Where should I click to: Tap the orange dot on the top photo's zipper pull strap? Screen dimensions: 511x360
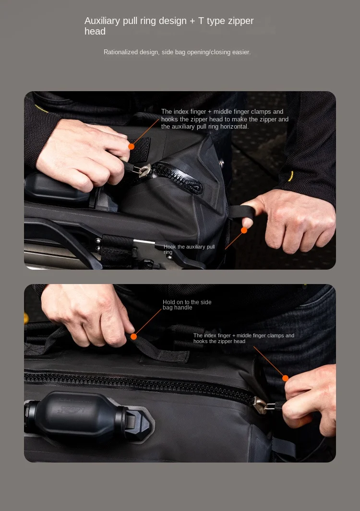pyautogui.click(x=132, y=146)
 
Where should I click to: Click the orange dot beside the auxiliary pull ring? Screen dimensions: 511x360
pyautogui.click(x=244, y=230)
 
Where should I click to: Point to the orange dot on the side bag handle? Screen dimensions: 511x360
pyautogui.click(x=134, y=336)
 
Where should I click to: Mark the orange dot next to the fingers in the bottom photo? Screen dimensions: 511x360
pyautogui.click(x=285, y=378)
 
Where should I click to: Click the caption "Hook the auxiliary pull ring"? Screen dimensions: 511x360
pyautogui.click(x=189, y=249)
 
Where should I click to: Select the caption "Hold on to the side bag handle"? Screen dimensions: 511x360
pyautogui.click(x=187, y=305)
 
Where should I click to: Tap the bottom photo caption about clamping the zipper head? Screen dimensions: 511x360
pyautogui.click(x=243, y=338)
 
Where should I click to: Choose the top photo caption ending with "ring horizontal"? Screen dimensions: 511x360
pyautogui.click(x=225, y=119)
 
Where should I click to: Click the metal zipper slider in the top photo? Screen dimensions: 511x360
pyautogui.click(x=144, y=170)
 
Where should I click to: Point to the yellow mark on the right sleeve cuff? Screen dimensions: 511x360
pyautogui.click(x=290, y=176)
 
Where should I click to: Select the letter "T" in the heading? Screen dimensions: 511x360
pyautogui.click(x=201, y=21)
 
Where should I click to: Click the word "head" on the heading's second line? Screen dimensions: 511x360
pyautogui.click(x=95, y=32)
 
